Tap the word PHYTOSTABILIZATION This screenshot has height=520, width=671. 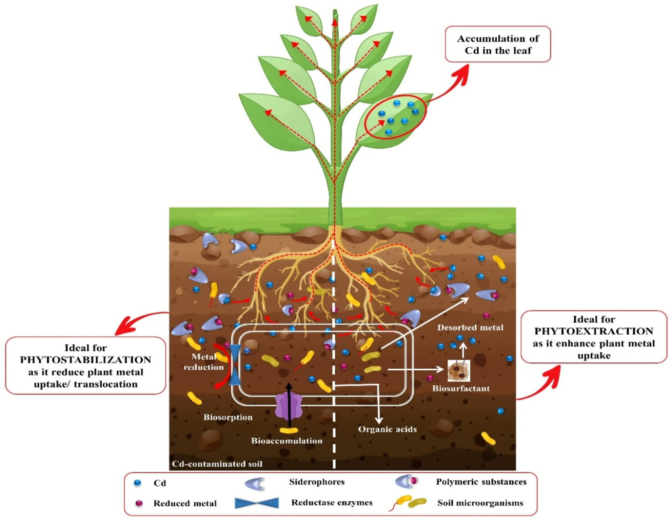click(x=86, y=360)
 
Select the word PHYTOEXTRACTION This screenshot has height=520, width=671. click(x=594, y=331)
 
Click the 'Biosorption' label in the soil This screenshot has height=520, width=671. click(x=228, y=417)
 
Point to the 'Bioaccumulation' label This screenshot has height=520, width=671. click(x=287, y=441)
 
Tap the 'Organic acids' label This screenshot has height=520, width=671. click(x=388, y=429)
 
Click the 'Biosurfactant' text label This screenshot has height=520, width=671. click(x=461, y=388)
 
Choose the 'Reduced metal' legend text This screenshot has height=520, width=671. click(x=185, y=504)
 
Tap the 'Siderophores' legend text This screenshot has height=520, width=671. click(x=317, y=482)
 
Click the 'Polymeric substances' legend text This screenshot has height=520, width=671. click(x=481, y=482)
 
